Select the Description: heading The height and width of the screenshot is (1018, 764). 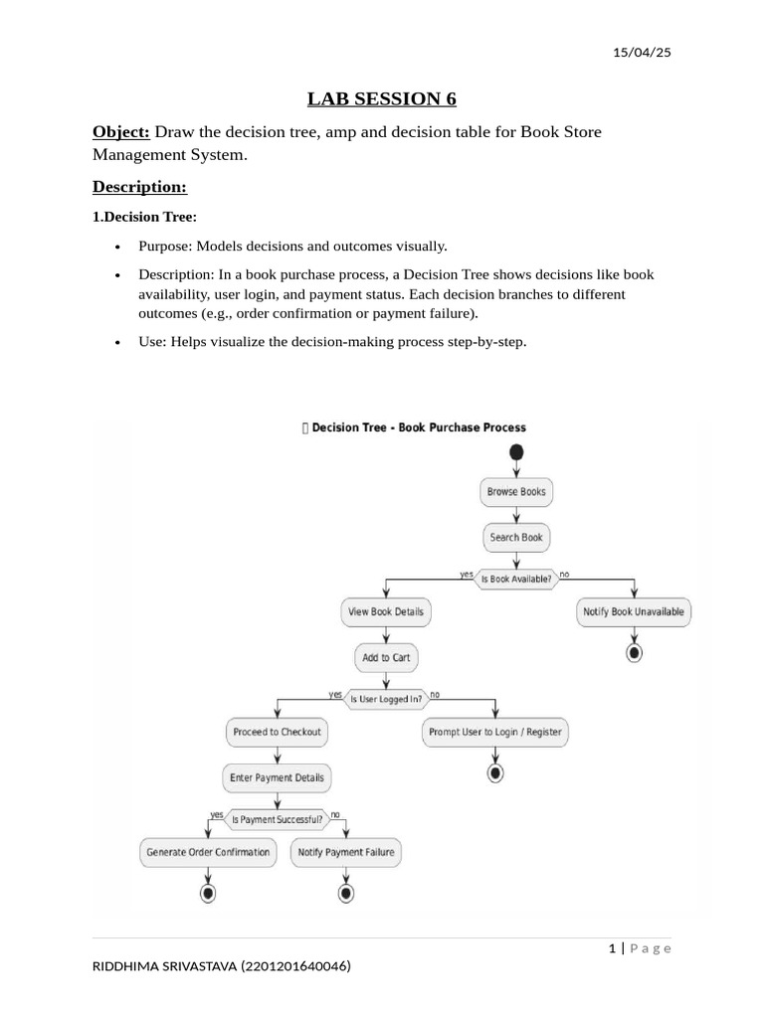139,187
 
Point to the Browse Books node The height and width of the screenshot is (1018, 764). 515,491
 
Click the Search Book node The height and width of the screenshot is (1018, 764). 515,537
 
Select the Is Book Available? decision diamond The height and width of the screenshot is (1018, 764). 515,579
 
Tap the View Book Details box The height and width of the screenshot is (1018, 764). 385,611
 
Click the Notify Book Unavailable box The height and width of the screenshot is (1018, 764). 634,611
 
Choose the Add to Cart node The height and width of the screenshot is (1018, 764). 385,657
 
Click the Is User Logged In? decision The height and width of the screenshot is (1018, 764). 385,699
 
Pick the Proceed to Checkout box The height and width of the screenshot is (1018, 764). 277,732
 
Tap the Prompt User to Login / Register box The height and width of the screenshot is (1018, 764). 494,732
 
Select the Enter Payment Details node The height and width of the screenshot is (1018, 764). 277,777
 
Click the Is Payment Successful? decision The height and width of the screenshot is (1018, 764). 277,819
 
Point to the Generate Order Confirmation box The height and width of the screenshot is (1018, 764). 208,852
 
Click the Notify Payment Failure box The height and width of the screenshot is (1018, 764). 345,852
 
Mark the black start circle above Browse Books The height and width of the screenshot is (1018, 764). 515,452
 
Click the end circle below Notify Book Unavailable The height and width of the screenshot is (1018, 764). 634,652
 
